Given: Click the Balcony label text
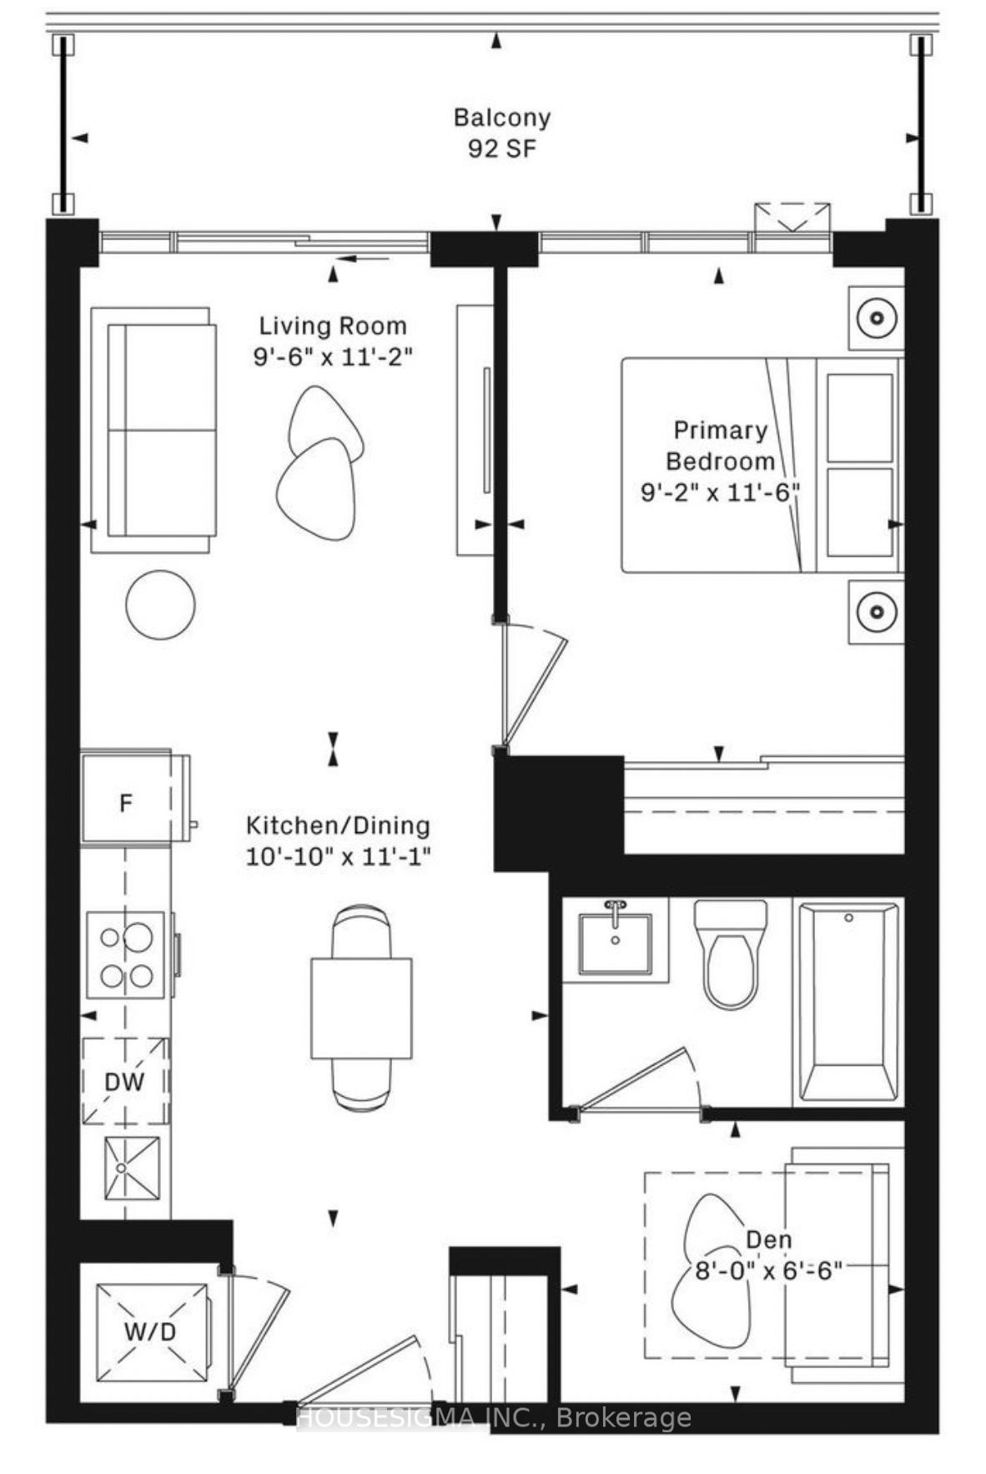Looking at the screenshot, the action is pyautogui.click(x=502, y=118).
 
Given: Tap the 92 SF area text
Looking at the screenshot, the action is pyautogui.click(x=502, y=149).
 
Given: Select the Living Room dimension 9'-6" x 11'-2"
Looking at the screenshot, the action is pyautogui.click(x=333, y=357).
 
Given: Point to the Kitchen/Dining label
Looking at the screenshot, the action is pyautogui.click(x=338, y=825).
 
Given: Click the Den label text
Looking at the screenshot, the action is pyautogui.click(x=768, y=1239).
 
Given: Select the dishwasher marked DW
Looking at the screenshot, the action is pyautogui.click(x=125, y=1082).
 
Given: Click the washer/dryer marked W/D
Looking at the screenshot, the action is pyautogui.click(x=152, y=1331).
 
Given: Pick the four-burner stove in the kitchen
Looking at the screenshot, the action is pyautogui.click(x=126, y=954).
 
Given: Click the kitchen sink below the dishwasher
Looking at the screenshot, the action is pyautogui.click(x=131, y=1168).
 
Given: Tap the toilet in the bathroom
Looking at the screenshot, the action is pyautogui.click(x=730, y=954).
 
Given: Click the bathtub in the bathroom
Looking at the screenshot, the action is pyautogui.click(x=848, y=1002).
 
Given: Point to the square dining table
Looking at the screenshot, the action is pyautogui.click(x=361, y=1008).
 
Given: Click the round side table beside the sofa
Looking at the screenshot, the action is pyautogui.click(x=160, y=604).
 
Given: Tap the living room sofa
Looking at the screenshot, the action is pyautogui.click(x=153, y=430).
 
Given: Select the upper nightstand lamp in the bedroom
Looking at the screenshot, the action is pyautogui.click(x=877, y=318).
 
